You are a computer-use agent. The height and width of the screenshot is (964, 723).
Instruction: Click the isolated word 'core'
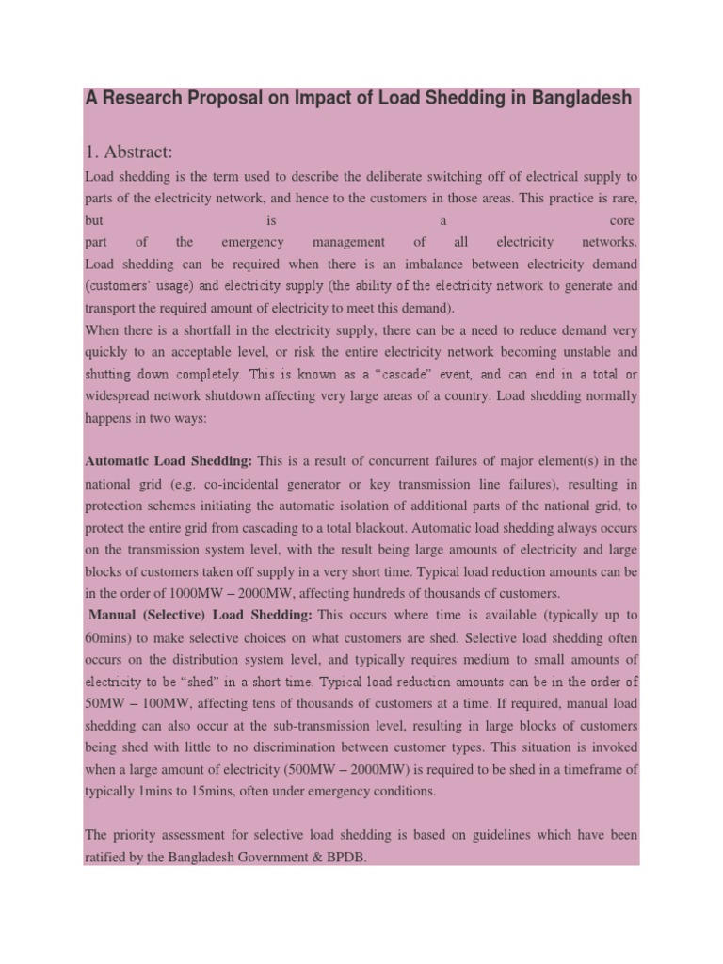(623, 219)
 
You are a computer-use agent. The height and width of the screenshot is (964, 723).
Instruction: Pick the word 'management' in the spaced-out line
(348, 242)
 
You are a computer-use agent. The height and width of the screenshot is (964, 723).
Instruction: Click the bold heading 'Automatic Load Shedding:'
(169, 461)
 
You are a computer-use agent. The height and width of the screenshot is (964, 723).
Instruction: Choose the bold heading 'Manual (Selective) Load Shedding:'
(201, 615)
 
